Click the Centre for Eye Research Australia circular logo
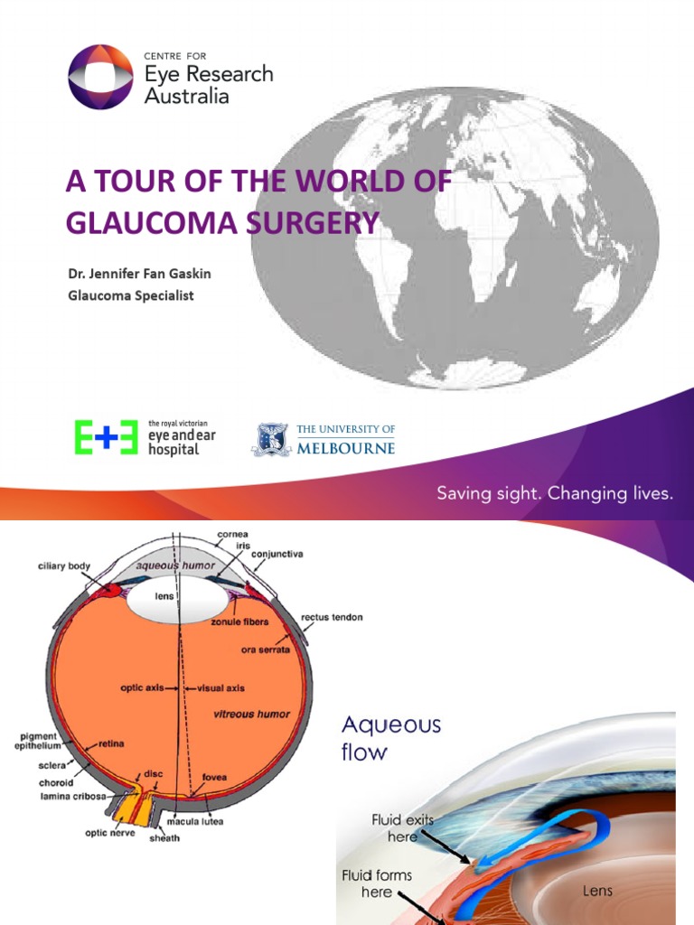coord(102,77)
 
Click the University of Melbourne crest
coord(269,439)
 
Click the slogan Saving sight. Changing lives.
coord(555,493)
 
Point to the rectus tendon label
coord(332,617)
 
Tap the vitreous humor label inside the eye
coord(252,714)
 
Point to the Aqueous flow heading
coord(391,737)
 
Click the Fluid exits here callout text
coord(402,827)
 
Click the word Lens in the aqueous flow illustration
coord(597,891)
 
